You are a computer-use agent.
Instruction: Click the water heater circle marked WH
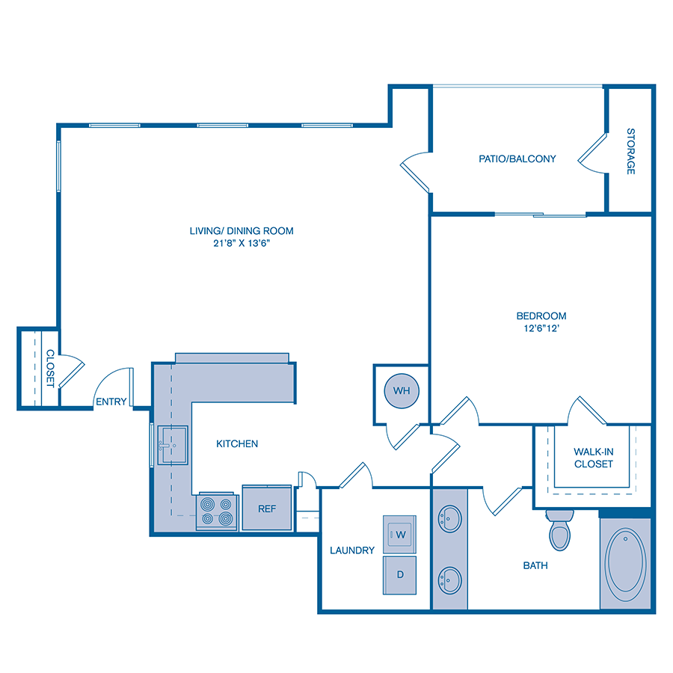click(x=402, y=390)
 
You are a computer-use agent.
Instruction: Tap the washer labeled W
click(x=400, y=534)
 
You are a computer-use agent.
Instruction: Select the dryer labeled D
click(x=400, y=574)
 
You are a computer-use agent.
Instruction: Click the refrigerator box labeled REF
click(x=267, y=508)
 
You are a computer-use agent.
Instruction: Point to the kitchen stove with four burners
click(x=218, y=512)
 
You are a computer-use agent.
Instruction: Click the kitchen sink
click(x=172, y=446)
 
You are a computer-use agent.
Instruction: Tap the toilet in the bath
click(x=559, y=530)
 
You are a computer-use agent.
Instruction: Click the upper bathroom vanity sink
click(x=449, y=517)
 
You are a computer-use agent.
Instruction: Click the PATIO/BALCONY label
click(x=517, y=159)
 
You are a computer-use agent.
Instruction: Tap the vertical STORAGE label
click(x=630, y=152)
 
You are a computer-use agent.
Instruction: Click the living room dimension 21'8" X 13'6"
click(x=241, y=243)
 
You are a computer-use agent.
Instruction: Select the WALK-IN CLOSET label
click(x=593, y=458)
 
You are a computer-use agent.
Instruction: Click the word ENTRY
click(x=111, y=402)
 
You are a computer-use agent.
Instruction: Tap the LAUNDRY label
click(x=351, y=550)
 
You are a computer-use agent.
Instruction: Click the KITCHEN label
click(x=237, y=443)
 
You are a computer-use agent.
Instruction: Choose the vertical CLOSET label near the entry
click(x=50, y=368)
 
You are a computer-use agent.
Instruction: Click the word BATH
click(x=535, y=565)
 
